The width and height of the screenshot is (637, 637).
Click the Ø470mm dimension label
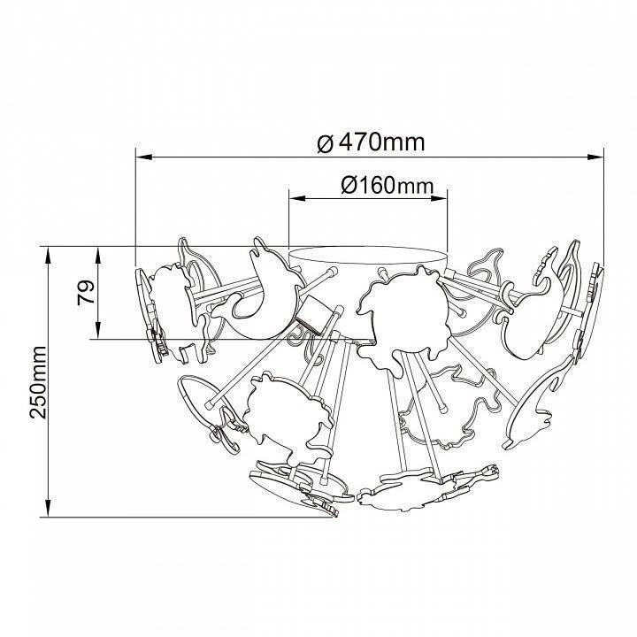[371, 142]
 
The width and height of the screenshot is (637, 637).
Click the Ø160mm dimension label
[388, 186]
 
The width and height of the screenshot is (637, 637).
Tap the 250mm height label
[38, 382]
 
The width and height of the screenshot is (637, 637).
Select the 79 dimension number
[86, 293]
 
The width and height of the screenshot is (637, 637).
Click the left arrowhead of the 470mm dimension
[144, 157]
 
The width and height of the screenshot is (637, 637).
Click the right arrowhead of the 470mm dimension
[595, 157]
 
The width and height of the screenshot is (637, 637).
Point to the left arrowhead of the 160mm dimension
[297, 198]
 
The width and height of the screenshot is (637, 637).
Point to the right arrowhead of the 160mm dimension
[439, 198]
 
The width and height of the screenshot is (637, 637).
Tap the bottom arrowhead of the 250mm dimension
[49, 508]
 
